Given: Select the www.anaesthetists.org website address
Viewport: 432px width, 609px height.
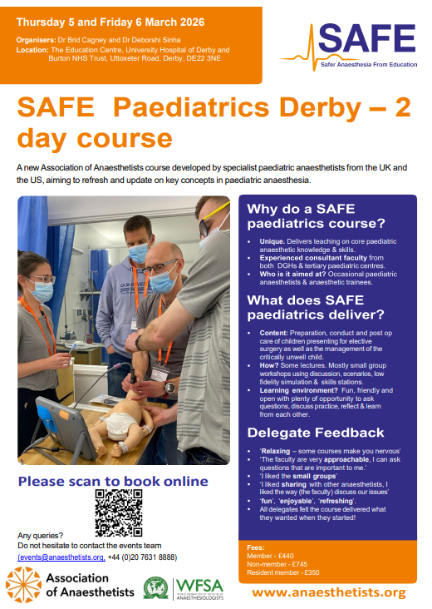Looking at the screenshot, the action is pos(330,592).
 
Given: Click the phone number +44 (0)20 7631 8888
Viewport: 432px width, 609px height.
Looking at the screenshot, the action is pos(142,557).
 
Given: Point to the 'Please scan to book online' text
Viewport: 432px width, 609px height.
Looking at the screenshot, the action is pos(113,481).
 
